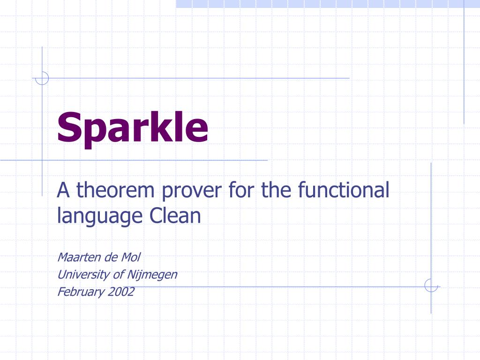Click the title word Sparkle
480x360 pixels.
(133, 128)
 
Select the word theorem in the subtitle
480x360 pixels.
(116, 190)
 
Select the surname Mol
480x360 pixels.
(131, 257)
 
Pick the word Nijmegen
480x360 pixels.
(152, 275)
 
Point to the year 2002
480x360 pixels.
(121, 292)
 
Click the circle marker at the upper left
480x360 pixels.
(42, 78)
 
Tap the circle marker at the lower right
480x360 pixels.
(431, 285)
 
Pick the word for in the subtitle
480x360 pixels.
(239, 190)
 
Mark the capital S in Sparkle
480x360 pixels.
(68, 127)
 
